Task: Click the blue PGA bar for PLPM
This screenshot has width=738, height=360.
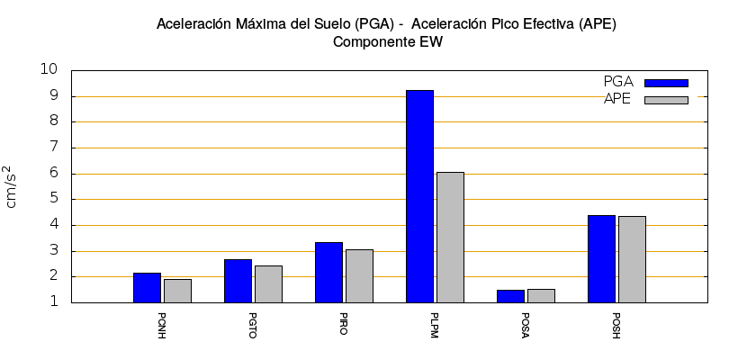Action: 419,196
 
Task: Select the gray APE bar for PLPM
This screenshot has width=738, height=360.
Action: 450,237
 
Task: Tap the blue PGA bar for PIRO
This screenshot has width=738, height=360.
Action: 328,272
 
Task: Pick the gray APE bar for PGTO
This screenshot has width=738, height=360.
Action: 268,283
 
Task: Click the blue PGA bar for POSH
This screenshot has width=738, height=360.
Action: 601,258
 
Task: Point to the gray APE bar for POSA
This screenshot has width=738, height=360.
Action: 541,295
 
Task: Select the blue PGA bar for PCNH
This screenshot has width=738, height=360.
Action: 147,287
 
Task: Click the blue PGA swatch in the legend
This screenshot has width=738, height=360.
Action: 666,83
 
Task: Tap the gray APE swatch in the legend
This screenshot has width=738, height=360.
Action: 666,100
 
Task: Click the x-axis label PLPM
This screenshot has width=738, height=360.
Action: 435,324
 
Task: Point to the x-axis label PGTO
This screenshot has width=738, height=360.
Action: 253,324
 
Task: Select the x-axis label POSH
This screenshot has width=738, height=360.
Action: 616,324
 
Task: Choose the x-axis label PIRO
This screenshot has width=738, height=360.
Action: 344,324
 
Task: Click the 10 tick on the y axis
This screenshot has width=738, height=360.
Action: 49,70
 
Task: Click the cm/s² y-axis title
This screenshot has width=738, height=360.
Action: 12,186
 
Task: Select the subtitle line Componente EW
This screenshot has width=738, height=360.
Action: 387,41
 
